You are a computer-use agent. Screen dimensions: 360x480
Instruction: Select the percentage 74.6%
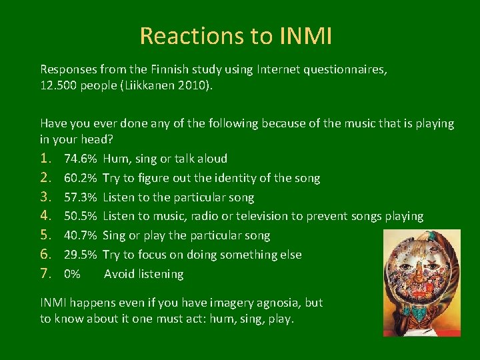pos(81,159)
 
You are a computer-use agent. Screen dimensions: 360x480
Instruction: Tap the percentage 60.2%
pos(81,178)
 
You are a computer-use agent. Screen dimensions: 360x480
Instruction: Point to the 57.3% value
pos(81,197)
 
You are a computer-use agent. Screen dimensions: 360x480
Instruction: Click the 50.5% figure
pos(81,216)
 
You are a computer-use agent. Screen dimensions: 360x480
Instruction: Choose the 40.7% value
pos(81,235)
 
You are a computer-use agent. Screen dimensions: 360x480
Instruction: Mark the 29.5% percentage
pos(81,255)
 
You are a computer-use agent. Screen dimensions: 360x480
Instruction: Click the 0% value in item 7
pos(72,274)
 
